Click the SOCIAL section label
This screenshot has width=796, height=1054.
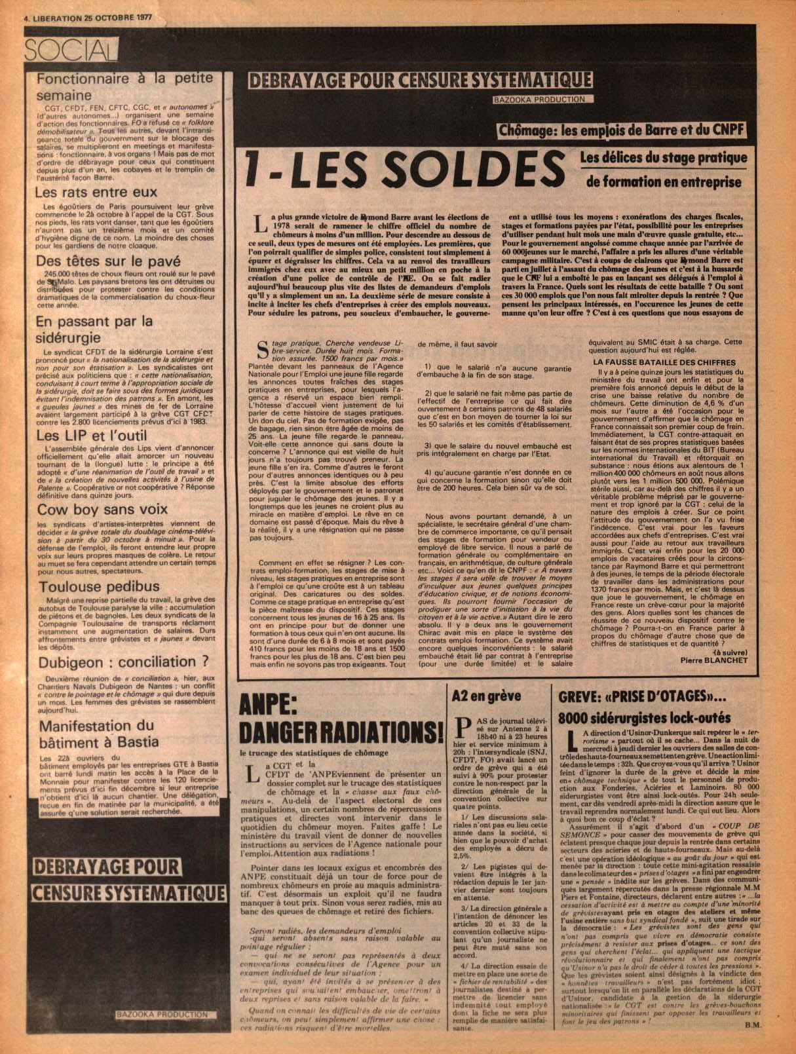click(x=70, y=49)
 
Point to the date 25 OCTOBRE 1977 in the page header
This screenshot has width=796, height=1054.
click(x=117, y=18)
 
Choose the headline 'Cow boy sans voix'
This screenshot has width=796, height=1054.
click(x=102, y=509)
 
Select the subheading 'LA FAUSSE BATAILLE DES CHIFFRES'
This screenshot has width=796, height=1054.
click(x=664, y=362)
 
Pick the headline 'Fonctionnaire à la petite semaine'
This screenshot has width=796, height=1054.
click(x=125, y=86)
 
